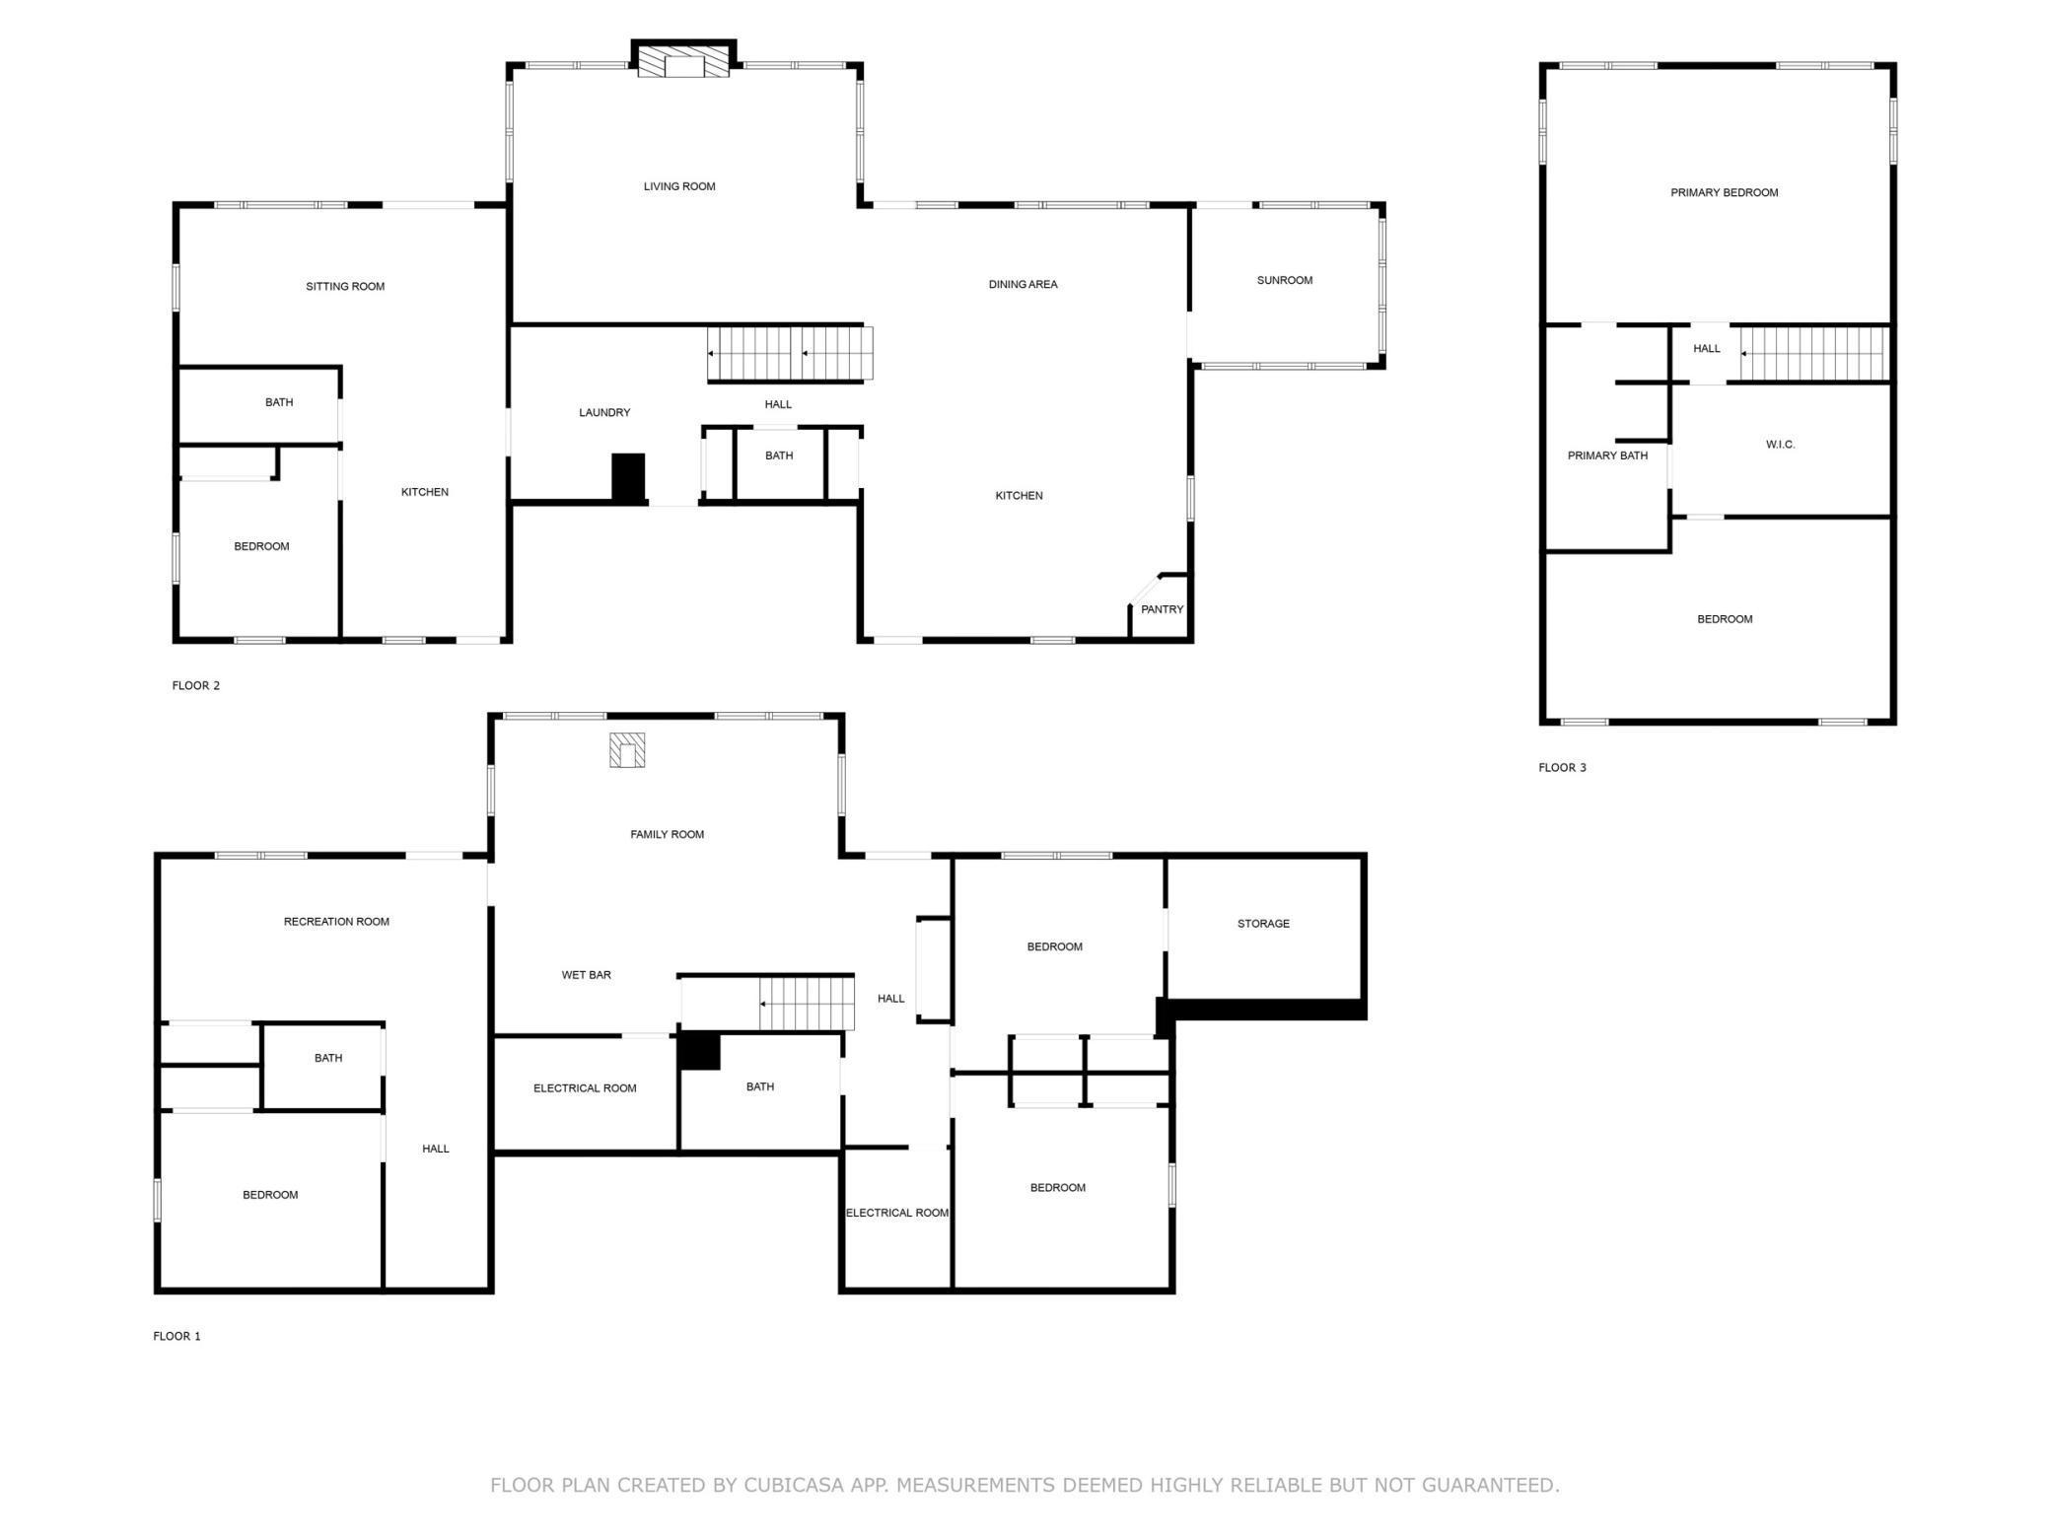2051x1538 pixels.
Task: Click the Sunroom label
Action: (1284, 280)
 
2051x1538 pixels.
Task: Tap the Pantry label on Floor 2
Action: (1162, 609)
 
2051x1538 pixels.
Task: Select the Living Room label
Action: (679, 186)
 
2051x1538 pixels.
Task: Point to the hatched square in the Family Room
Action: (627, 750)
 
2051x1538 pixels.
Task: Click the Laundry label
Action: (604, 412)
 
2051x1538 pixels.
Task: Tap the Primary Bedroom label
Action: (1724, 192)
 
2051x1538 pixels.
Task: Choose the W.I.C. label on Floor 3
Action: (1780, 445)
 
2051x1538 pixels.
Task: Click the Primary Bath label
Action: (1607, 455)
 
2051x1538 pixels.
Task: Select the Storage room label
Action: (1263, 924)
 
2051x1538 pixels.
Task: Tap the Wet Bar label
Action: (586, 975)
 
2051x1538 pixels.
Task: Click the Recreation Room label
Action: (336, 922)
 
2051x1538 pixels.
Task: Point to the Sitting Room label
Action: (345, 287)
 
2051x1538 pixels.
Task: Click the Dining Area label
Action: (1023, 285)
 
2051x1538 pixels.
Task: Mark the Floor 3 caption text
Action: (1562, 768)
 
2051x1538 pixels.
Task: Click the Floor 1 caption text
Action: (177, 1337)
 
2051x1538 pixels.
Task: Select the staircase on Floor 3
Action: (1813, 353)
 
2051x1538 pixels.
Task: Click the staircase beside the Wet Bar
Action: (806, 1004)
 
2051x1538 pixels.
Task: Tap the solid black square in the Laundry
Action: (628, 478)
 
